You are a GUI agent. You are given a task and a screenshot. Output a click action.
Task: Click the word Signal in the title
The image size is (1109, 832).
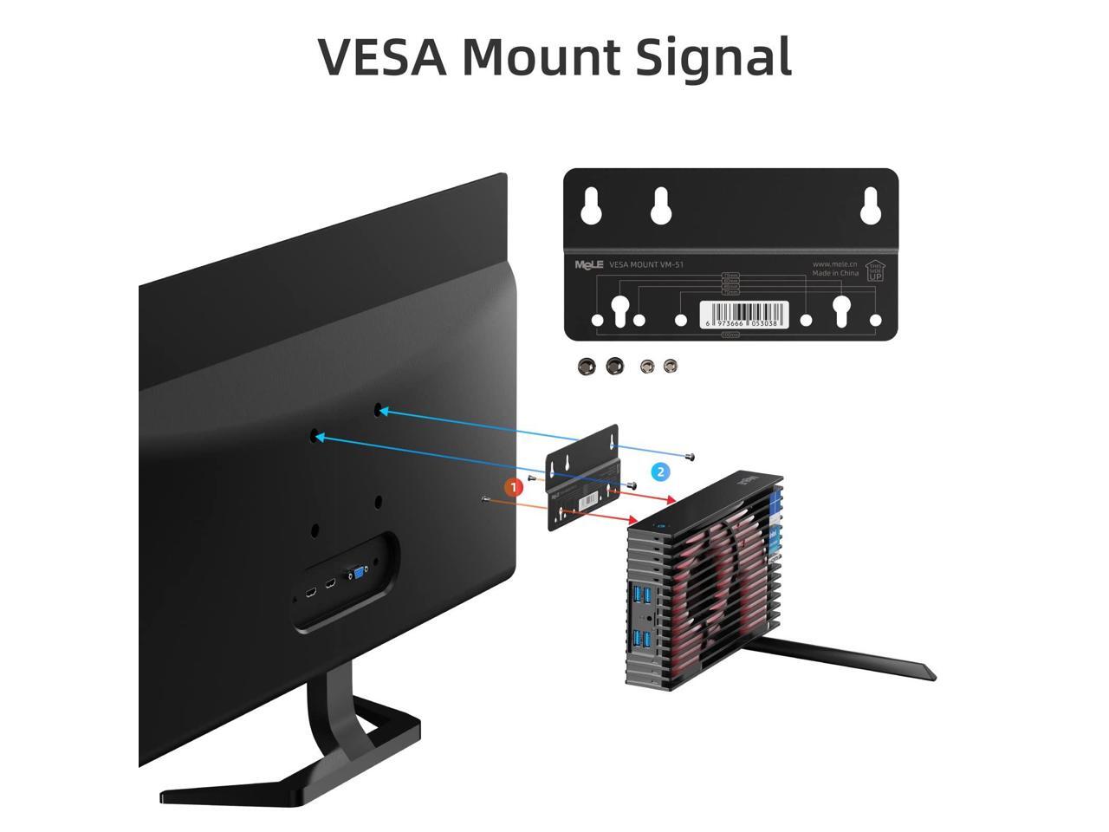[x=713, y=57]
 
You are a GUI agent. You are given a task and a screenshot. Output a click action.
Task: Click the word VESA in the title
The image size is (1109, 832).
[x=382, y=57]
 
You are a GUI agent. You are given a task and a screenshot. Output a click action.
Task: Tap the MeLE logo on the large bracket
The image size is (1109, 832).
[x=588, y=265]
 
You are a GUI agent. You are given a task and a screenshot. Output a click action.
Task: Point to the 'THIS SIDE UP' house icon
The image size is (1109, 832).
[x=875, y=271]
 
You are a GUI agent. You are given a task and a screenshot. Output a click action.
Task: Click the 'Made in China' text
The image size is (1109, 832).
[x=835, y=273]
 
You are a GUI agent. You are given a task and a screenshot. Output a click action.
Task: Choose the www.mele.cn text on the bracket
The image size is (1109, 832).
[x=835, y=263]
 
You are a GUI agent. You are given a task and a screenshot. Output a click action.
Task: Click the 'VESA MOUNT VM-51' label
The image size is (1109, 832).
[x=646, y=265]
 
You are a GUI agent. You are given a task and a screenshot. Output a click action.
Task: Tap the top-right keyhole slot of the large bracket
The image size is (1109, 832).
[x=871, y=205]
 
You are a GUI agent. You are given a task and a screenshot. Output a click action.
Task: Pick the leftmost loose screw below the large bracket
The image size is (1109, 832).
[x=587, y=366]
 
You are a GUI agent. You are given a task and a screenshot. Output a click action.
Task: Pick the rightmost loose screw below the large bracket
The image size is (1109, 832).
[x=669, y=367]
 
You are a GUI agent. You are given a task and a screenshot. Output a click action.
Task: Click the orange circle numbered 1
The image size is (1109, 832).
[x=514, y=487]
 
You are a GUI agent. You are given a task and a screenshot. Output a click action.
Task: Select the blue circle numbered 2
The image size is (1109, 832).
[x=661, y=471]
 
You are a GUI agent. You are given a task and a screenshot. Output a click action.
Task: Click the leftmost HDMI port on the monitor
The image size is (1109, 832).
[x=310, y=595]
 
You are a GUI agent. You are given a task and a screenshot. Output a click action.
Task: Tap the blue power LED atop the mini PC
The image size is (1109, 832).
[x=661, y=525]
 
